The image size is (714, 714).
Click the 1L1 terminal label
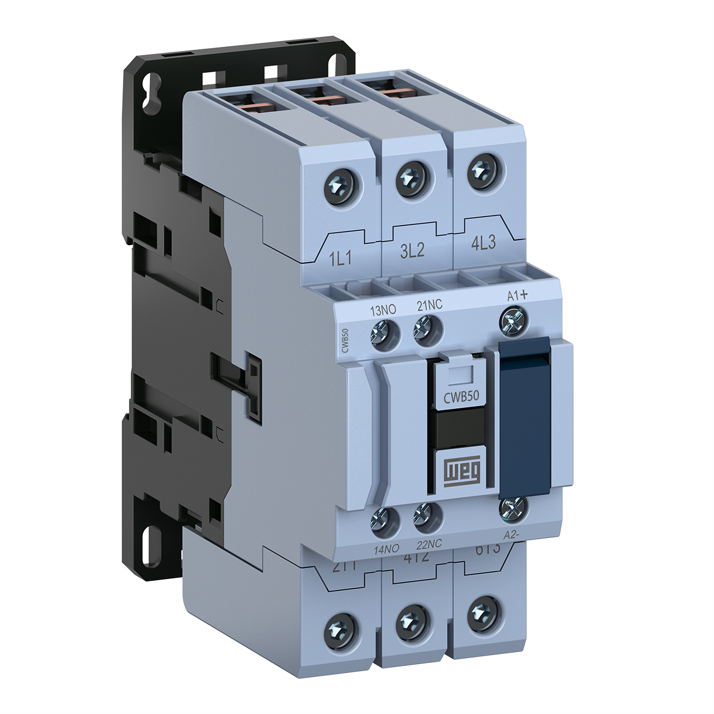[341, 258]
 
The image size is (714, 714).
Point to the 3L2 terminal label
[412, 250]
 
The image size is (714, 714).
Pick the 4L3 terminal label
[483, 244]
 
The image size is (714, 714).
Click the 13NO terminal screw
[384, 331]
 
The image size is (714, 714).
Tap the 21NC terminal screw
[427, 328]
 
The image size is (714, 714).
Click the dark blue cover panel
[525, 416]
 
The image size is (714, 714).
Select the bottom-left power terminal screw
[342, 630]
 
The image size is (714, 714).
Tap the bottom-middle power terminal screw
[411, 621]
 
